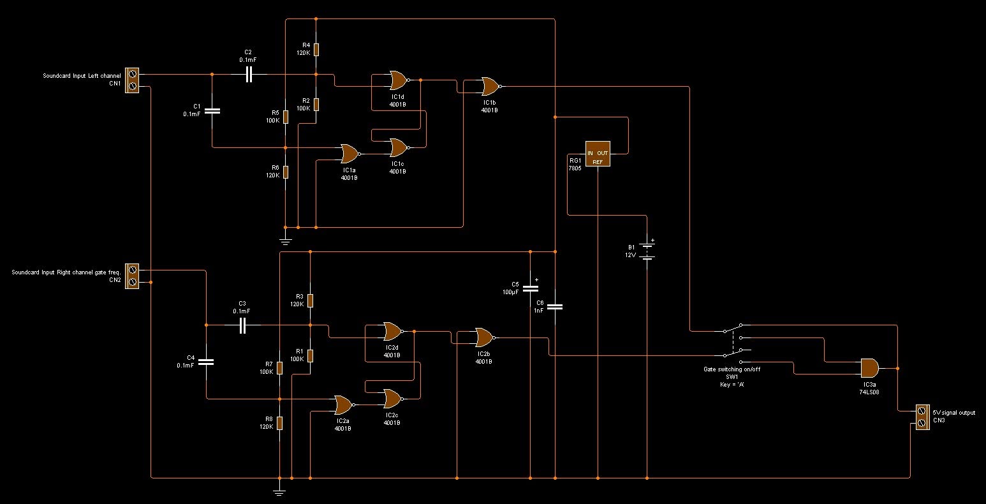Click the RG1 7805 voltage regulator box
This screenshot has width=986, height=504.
pos(598,154)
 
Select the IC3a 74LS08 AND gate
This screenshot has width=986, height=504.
pos(869,368)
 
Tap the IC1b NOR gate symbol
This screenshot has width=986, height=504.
pos(491,86)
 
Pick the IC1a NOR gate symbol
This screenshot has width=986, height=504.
pos(350,154)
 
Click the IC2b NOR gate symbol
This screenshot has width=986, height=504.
pos(485,337)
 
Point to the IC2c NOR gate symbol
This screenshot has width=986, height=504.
pos(393,399)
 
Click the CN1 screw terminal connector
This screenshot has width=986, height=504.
pos(132,80)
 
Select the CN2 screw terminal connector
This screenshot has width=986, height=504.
pos(132,276)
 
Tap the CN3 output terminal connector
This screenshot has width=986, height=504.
pos(922,417)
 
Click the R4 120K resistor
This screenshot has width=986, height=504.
pos(316,50)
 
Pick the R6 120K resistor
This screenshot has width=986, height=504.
pos(286,172)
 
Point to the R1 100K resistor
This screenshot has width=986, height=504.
pos(311,355)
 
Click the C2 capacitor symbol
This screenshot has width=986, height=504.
pos(249,75)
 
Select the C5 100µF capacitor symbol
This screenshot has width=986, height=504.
pos(531,288)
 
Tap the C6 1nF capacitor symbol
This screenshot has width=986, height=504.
pos(555,306)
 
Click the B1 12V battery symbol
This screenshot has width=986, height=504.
pos(647,250)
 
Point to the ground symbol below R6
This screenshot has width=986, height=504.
pos(286,241)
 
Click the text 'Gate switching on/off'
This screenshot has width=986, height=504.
pos(732,369)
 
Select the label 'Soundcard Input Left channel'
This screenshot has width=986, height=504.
pos(82,76)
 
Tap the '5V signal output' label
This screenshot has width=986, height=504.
pos(954,412)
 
